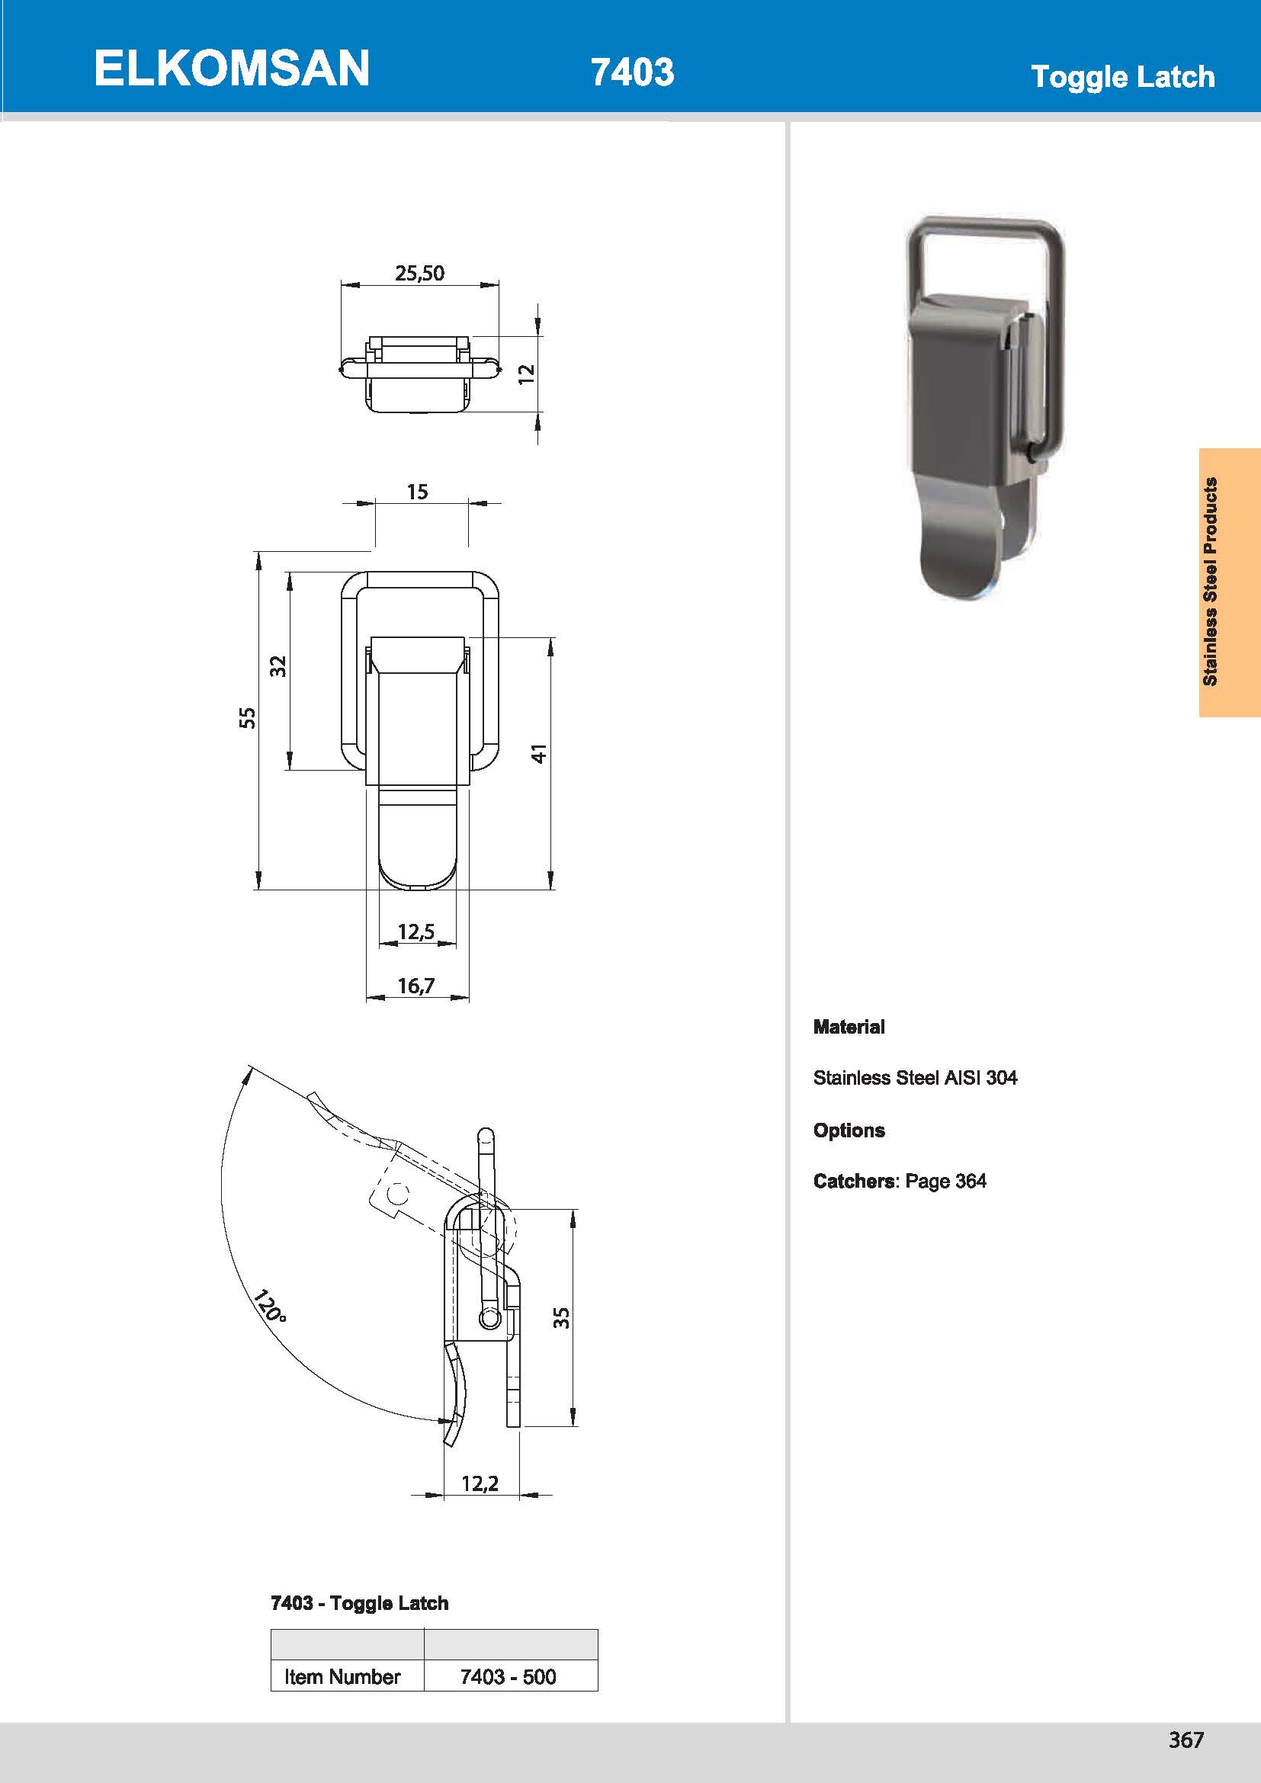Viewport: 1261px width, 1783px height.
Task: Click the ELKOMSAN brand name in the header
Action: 232,69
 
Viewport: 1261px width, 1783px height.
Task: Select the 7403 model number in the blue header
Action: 632,72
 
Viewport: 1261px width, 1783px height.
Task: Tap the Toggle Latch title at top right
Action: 1122,77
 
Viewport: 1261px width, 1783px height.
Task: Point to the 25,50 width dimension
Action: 419,274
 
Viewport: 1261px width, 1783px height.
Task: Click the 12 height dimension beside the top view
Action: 527,373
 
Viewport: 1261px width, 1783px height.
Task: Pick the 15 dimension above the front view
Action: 417,492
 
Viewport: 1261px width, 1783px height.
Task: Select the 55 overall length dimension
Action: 247,717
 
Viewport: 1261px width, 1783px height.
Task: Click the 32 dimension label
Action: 278,665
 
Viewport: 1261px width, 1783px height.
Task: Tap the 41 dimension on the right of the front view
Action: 539,752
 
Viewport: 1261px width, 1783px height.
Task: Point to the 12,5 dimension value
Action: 416,931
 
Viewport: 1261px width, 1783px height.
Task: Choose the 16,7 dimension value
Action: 416,986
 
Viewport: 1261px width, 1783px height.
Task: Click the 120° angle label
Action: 269,1307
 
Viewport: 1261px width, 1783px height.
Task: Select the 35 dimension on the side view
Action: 561,1317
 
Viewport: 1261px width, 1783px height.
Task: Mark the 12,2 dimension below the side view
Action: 480,1483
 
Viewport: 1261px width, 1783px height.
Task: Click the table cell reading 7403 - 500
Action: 509,1676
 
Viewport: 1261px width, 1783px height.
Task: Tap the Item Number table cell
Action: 342,1676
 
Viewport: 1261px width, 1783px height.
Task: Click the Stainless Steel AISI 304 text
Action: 915,1077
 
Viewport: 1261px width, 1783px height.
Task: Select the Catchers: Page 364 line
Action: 899,1180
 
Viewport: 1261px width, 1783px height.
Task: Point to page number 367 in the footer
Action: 1186,1740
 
